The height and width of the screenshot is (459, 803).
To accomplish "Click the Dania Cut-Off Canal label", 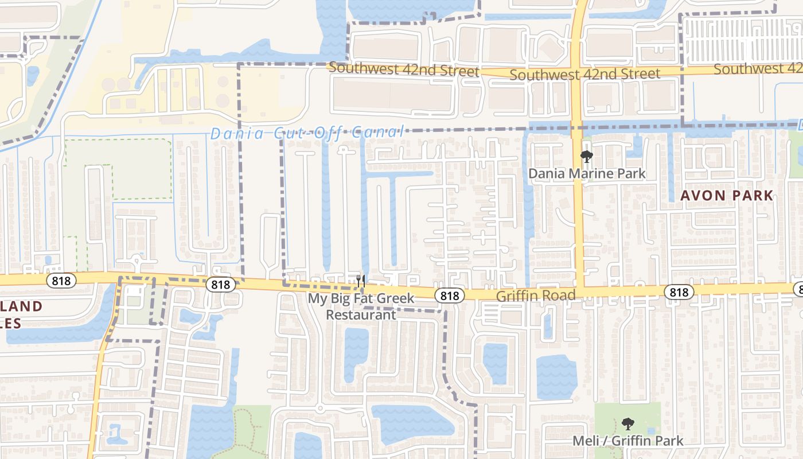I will (x=307, y=133).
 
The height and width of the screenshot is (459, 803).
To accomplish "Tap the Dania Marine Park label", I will (x=587, y=173).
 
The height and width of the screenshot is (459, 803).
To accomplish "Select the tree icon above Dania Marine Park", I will (x=586, y=157).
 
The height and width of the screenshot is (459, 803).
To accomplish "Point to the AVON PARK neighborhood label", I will (x=727, y=196).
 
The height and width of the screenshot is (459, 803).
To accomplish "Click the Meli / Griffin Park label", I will (x=628, y=441).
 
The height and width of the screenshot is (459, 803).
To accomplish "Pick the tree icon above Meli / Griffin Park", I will (x=628, y=425).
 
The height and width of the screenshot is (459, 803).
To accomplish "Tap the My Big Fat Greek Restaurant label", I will (x=361, y=306).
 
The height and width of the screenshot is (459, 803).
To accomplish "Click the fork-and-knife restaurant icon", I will (x=361, y=281).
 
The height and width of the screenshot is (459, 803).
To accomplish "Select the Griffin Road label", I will (x=535, y=295).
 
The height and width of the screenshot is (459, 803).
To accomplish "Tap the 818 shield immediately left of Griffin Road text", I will (x=450, y=295).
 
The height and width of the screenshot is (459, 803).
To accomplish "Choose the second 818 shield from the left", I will (x=220, y=285).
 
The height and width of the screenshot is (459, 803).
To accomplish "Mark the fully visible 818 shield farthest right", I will (x=679, y=292).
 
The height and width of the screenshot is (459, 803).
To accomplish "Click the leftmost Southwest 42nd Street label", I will (x=404, y=70).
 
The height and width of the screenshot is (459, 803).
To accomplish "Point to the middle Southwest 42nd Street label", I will (x=584, y=74).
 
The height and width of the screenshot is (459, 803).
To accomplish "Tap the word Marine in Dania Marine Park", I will (x=592, y=173).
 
